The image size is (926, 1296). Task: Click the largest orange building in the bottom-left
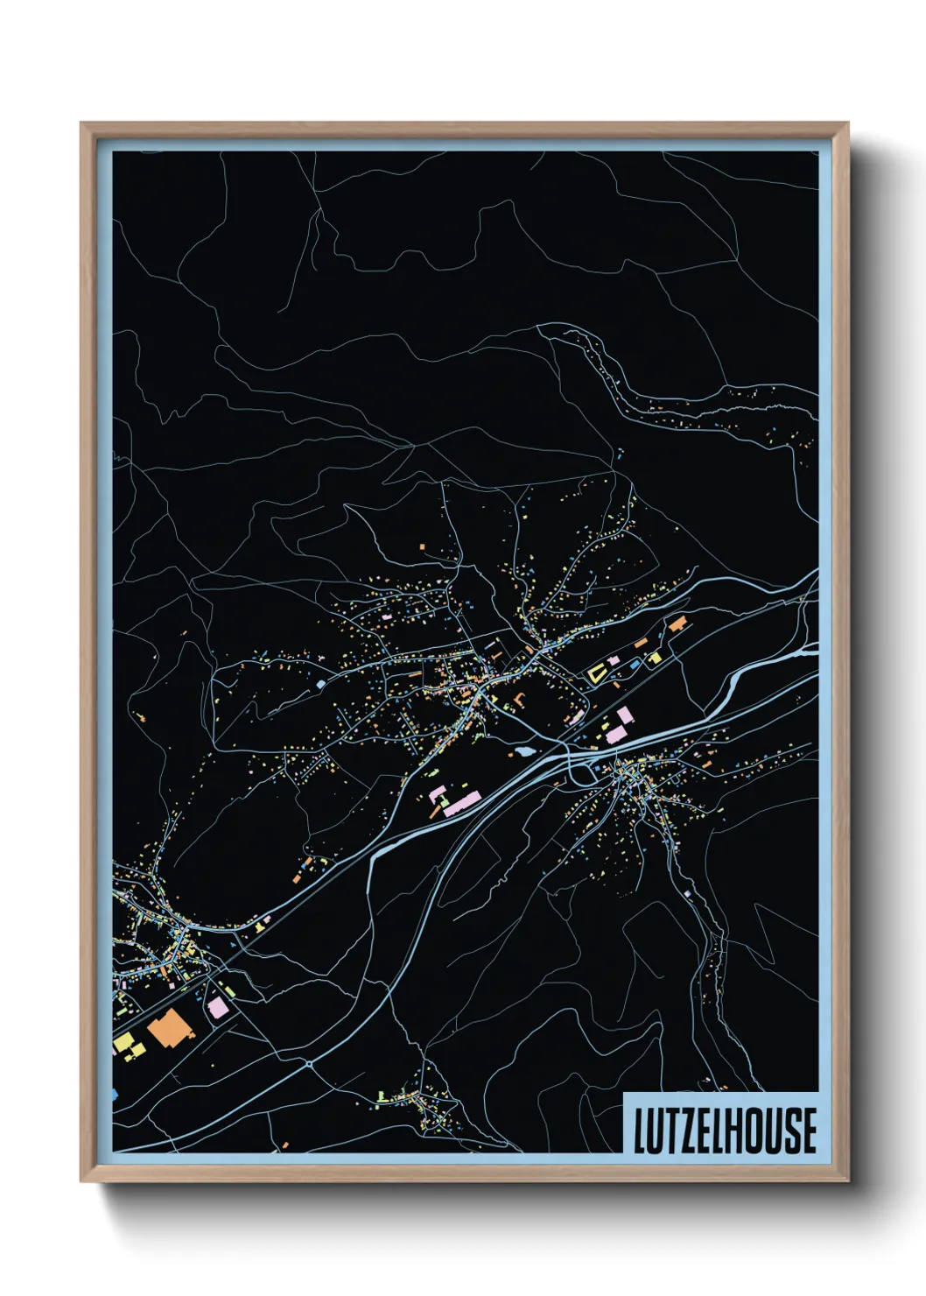pos(166,1026)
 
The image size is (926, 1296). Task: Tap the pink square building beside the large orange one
pos(217,1007)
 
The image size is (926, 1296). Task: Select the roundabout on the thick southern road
pos(309,1064)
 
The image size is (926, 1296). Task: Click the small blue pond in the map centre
pos(523,751)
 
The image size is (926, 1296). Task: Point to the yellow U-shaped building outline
pos(597,673)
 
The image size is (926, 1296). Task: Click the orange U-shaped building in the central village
pos(520,700)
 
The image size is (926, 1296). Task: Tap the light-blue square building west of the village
pos(320,683)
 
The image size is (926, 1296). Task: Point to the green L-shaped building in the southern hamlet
pos(383,1095)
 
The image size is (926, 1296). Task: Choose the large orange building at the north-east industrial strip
pos(677,623)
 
